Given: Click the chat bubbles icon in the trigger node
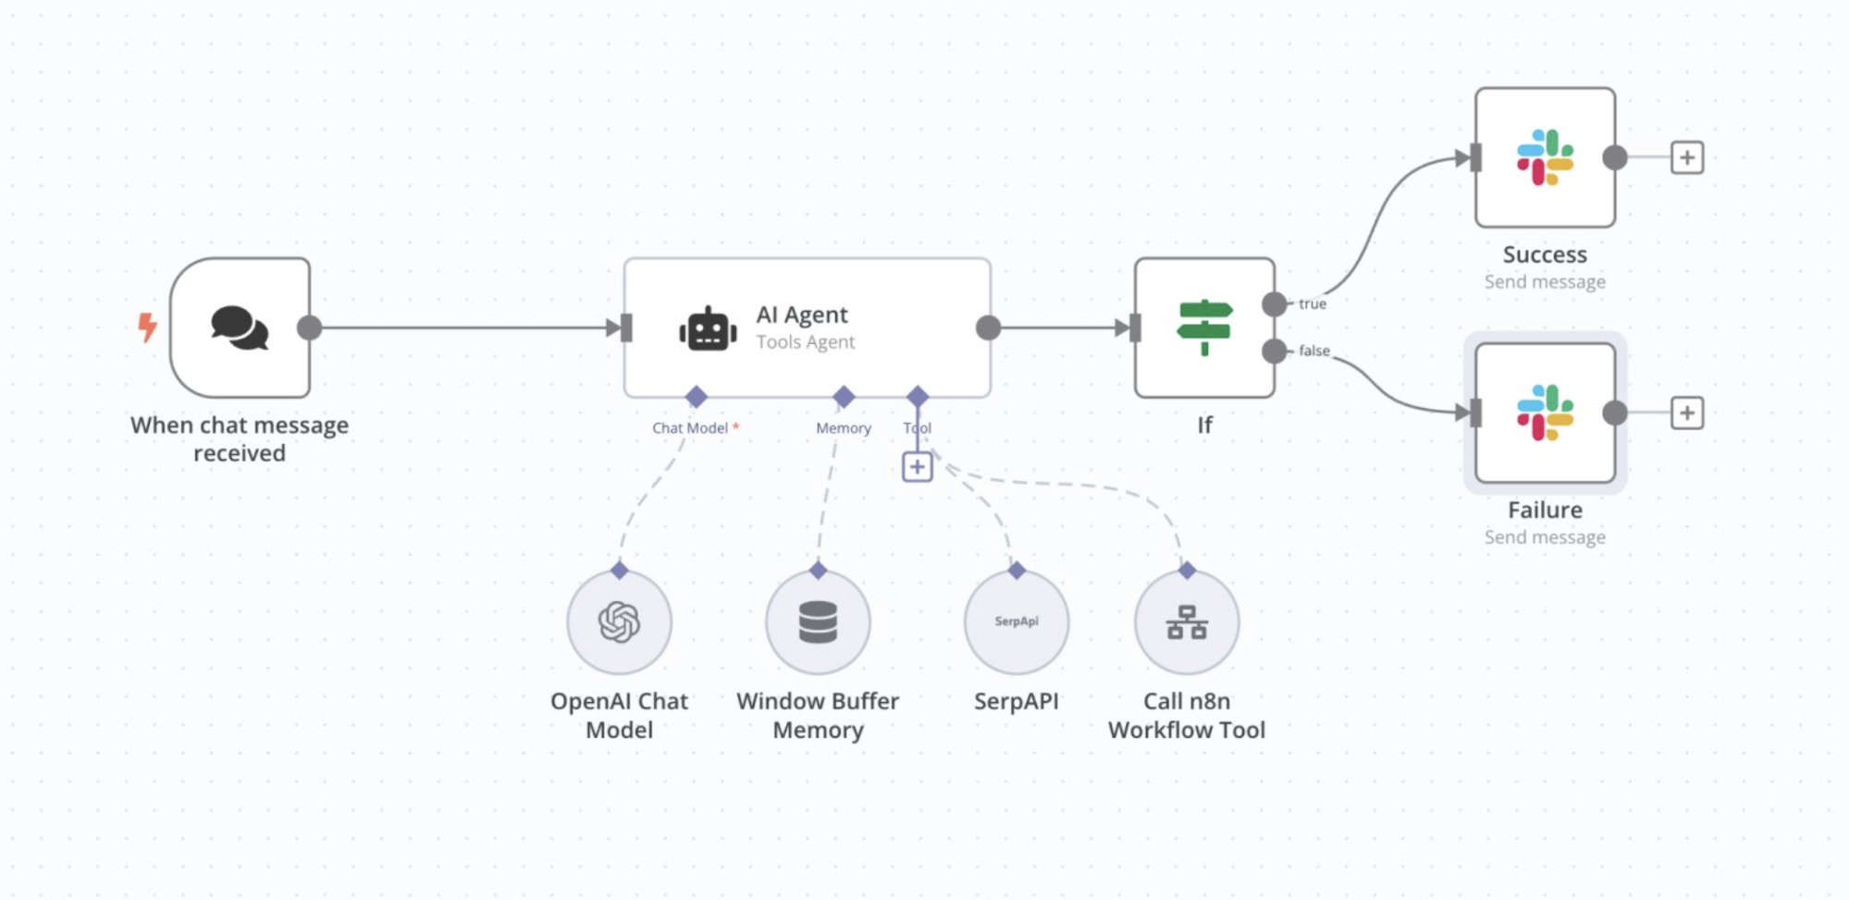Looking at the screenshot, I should click(240, 327).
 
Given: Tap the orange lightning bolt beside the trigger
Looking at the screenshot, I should click(147, 327).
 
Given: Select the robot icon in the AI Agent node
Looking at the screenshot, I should click(708, 329).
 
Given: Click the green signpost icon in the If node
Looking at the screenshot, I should click(1203, 327).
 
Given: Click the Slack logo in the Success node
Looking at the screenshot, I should click(1545, 157).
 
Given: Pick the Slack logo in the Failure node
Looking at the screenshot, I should click(1545, 413).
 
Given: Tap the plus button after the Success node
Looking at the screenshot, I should click(1686, 157).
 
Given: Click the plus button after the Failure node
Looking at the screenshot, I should click(1686, 413).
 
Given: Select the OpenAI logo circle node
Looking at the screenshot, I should click(619, 622).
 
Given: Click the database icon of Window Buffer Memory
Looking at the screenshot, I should click(818, 622).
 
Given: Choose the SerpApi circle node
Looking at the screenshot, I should click(1016, 622).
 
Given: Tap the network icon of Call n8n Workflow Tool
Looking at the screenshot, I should click(1186, 622).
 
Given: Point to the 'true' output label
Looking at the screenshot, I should click(1312, 303).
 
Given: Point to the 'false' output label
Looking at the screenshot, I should click(1313, 351).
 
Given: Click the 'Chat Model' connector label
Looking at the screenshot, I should click(690, 428).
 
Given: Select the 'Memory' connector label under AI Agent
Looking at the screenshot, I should click(843, 428).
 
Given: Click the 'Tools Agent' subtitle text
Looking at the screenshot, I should click(805, 342).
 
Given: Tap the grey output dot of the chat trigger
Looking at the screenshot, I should click(310, 327).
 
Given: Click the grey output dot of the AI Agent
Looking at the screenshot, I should click(988, 327).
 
